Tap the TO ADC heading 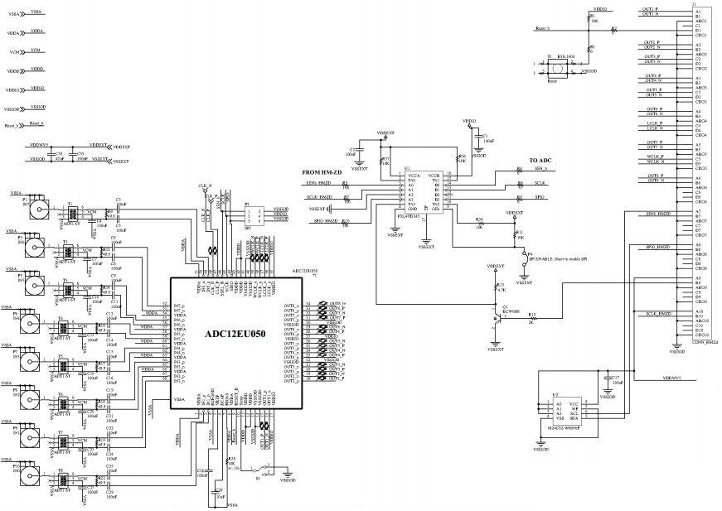point(540,160)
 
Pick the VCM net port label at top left point(36,51)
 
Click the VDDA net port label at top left point(36,31)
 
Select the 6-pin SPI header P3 point(254,215)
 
